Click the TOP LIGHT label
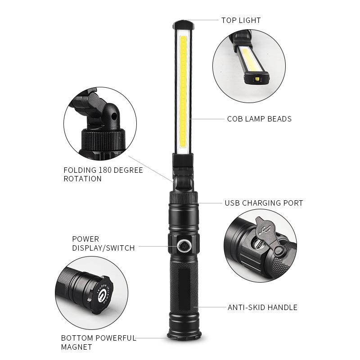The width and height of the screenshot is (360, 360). pos(241,20)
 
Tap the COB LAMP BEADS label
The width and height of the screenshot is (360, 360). pos(259,119)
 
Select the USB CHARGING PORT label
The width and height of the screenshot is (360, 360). pos(264,203)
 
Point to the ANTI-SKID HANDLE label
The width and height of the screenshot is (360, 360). pos(262,308)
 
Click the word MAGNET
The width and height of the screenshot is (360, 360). pos(76,347)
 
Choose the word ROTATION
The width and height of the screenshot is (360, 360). pos(82,179)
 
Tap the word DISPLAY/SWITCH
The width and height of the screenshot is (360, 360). pos(103,248)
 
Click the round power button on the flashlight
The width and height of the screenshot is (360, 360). pos(184,246)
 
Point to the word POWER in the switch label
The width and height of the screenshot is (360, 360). pos(85,239)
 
